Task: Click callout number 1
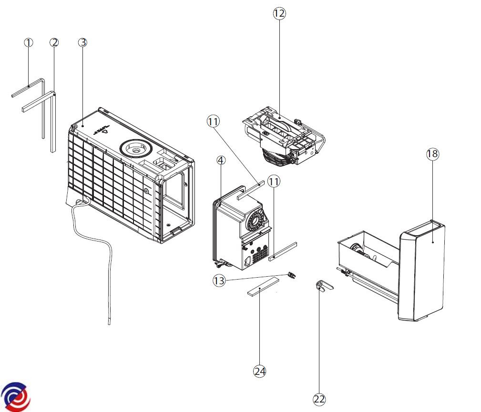tap(29, 42)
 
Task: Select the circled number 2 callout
tap(54, 42)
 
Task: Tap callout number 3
tap(82, 42)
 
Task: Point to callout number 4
tap(221, 161)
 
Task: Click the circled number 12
tap(279, 14)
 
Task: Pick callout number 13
tap(219, 281)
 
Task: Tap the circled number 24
tap(259, 372)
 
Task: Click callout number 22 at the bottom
tap(319, 399)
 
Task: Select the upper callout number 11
tap(213, 121)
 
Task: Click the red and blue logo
tap(15, 396)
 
